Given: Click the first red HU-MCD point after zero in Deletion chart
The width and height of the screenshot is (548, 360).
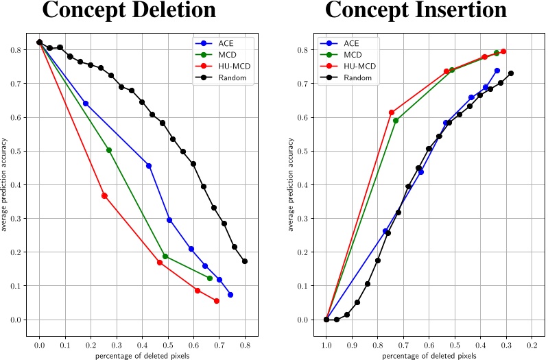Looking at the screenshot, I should [104, 195].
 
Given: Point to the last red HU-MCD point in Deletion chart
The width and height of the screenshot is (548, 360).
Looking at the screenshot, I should [217, 301].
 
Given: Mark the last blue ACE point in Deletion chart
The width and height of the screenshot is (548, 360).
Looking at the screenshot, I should [230, 295].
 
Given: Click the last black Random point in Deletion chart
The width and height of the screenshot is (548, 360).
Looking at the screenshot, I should [245, 261].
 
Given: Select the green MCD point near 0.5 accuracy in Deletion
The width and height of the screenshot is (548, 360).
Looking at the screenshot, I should [109, 150].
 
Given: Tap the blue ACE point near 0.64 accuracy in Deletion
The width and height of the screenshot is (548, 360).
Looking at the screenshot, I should [86, 104].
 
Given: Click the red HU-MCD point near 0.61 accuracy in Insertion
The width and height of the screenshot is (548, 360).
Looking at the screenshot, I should [392, 112].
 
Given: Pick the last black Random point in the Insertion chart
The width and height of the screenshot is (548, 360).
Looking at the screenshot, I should [511, 73].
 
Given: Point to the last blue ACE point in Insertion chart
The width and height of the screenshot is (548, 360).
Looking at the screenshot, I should [497, 71].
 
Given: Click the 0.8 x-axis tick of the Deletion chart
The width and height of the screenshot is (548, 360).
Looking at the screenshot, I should [245, 346].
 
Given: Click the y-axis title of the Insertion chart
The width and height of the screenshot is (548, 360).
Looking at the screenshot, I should [291, 184].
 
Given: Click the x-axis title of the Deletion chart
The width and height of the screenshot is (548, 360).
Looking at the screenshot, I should [142, 355].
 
